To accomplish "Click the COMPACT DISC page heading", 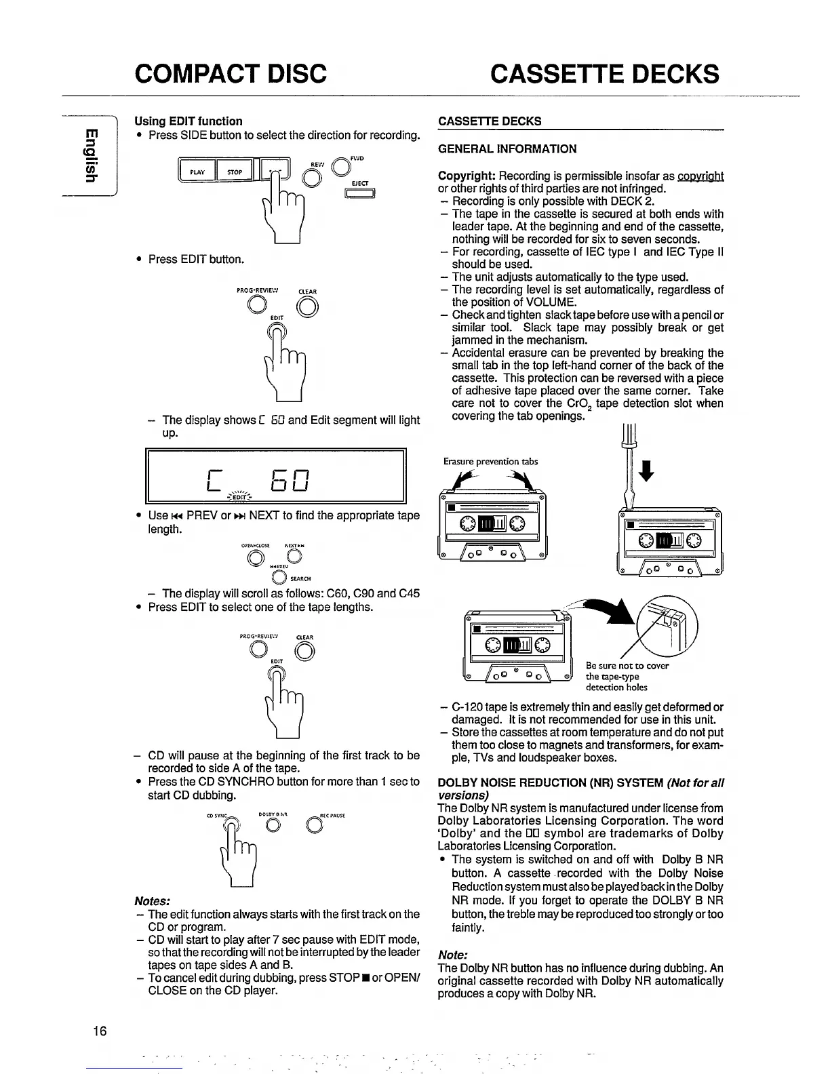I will point(231,73).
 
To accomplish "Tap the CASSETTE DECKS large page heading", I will point(604,73).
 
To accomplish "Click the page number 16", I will point(100,1032).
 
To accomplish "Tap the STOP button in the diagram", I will point(235,172).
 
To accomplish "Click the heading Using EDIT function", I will point(188,121).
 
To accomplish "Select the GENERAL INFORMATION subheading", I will point(507,149).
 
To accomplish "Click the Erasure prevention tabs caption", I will point(490,462).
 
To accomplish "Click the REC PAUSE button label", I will point(332,816).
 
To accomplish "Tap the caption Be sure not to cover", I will point(627,666).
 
